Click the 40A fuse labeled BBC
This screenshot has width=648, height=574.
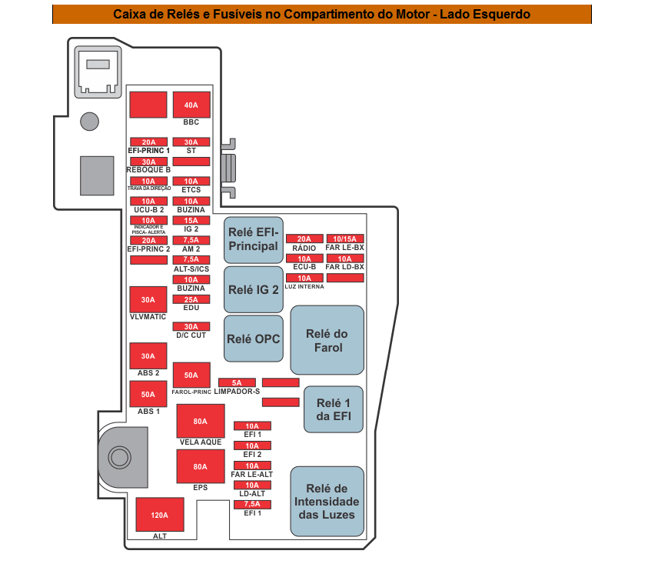coord(191,105)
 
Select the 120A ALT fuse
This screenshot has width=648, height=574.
coord(160,515)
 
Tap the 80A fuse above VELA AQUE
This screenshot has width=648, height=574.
coord(201,421)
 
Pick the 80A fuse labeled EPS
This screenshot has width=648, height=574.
coord(201,466)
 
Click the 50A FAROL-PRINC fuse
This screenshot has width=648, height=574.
coord(191,375)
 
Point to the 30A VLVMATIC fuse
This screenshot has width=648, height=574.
coord(148,299)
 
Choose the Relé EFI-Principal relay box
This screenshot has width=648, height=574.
coord(254,240)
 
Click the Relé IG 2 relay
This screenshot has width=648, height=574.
coord(254,289)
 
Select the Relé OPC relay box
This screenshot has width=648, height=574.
coord(254,339)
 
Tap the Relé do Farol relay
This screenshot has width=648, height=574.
coord(327,340)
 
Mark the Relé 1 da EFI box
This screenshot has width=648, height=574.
coord(334,409)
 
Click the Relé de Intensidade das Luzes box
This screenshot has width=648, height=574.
coord(327,502)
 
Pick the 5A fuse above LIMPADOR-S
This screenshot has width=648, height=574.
coord(237,382)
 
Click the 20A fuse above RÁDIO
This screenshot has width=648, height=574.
coord(304,239)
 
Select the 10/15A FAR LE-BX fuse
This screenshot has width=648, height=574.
coord(345,239)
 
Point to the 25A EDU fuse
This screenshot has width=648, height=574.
coord(191,299)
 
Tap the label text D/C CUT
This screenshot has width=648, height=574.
coord(191,335)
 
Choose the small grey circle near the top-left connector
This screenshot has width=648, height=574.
coord(90,122)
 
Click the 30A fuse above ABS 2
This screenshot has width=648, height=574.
coord(148,355)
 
